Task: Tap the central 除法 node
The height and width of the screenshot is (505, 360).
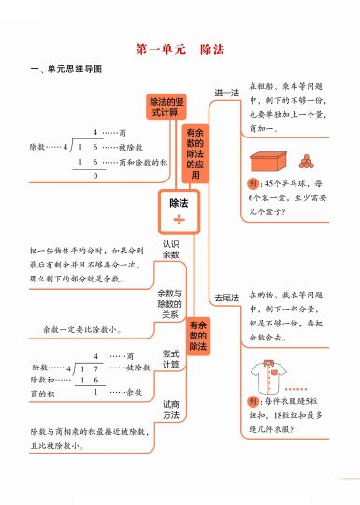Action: (179, 203)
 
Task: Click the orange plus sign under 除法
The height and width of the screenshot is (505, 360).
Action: (179, 221)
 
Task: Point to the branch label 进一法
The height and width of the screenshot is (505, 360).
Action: (226, 94)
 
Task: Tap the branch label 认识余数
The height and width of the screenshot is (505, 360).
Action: (170, 250)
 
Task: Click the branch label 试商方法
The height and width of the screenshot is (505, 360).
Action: (170, 410)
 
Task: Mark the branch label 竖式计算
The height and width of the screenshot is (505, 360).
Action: (170, 359)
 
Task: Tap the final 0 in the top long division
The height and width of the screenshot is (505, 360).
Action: (94, 176)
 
